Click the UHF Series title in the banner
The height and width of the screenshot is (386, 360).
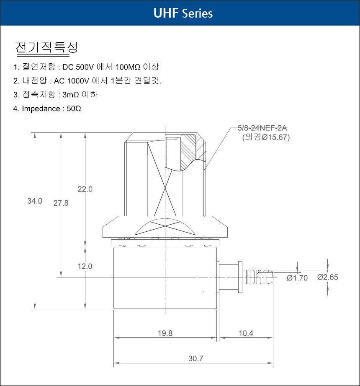pos(183,13)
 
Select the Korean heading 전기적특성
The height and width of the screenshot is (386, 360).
pos(47,47)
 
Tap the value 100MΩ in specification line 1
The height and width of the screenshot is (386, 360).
pos(128,67)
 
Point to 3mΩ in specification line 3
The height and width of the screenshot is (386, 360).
pos(71,95)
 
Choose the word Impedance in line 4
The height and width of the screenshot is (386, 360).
pos(41,109)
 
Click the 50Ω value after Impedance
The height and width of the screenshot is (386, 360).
pos(74,109)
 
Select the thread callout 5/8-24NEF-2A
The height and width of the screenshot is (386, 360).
pos(262,128)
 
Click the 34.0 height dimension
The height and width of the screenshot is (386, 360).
pos(35,201)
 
